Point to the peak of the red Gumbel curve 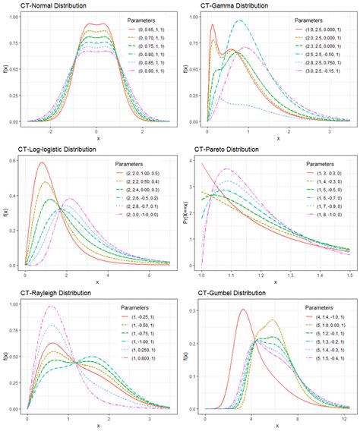click(x=243, y=309)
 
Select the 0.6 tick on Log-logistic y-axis click(x=13, y=161)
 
